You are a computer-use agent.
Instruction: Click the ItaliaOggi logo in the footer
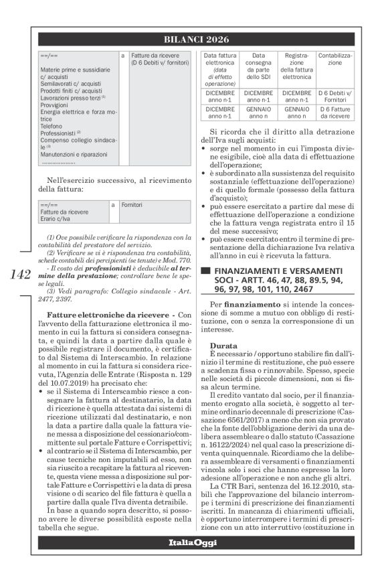[x=194, y=542]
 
